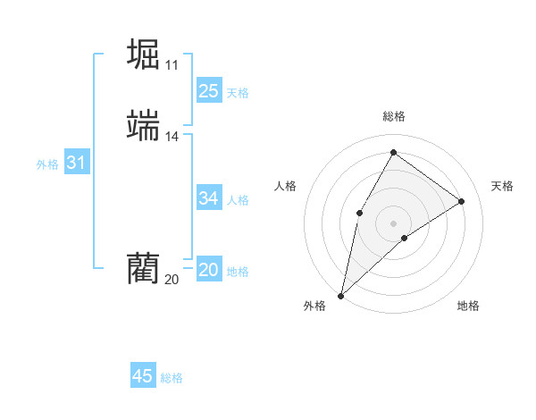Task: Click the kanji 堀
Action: tap(144, 54)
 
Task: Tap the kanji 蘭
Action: tap(144, 267)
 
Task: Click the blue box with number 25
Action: tap(208, 91)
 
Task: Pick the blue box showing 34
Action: tap(208, 198)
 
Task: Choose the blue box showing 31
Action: tap(76, 164)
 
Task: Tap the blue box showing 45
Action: tap(143, 376)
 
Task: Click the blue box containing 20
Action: tap(208, 270)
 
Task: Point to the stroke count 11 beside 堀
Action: tap(172, 65)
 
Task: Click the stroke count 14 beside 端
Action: tap(172, 137)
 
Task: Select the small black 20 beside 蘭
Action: tap(172, 280)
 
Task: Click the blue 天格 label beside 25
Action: tap(238, 93)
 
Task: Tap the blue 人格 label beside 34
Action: tap(238, 200)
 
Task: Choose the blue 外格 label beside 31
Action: tap(47, 164)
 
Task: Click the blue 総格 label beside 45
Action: tap(172, 378)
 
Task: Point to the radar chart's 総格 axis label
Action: tap(393, 116)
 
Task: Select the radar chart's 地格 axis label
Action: tap(468, 306)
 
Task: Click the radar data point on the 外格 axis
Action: tap(340, 295)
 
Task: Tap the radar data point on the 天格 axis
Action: tap(462, 202)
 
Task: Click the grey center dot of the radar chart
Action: tap(393, 223)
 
